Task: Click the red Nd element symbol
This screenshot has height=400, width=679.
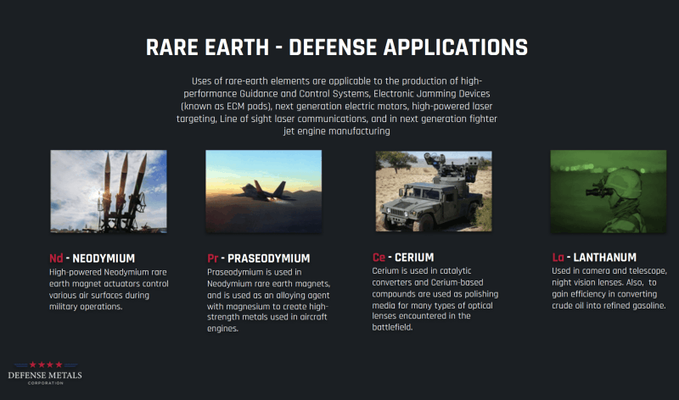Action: click(56, 258)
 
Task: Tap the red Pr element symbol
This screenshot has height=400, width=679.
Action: click(213, 258)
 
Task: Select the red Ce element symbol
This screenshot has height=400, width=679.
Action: click(379, 258)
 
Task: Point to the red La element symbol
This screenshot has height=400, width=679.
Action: click(558, 258)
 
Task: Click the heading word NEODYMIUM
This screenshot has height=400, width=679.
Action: click(104, 258)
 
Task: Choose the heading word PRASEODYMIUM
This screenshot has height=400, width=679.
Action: click(268, 258)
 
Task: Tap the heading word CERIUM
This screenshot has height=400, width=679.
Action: click(414, 258)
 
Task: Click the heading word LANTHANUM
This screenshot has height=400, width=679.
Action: click(604, 258)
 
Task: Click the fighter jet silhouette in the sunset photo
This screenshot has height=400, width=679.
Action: click(265, 191)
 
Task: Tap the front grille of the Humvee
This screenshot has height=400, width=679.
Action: click(395, 213)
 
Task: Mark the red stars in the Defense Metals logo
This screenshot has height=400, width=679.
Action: click(46, 364)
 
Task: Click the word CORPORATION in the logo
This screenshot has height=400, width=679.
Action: click(46, 383)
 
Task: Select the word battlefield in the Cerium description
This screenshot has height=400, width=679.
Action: click(392, 328)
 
